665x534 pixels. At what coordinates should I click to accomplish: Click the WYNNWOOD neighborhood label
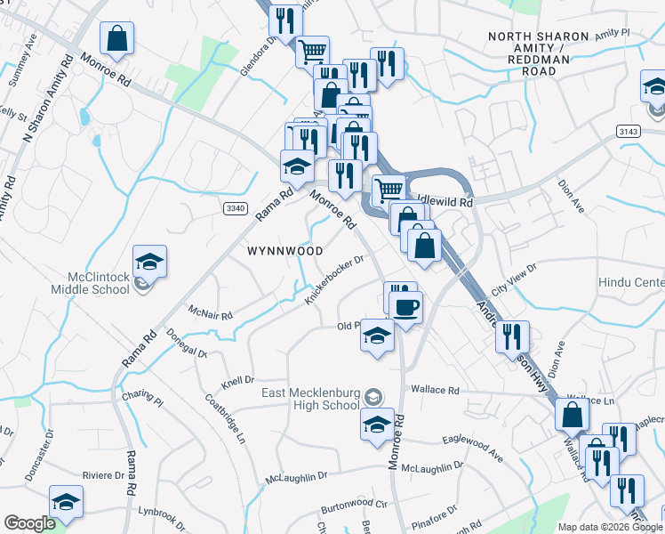284,251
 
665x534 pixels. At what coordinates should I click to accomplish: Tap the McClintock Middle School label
99,282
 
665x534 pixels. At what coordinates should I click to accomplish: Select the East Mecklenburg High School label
310,399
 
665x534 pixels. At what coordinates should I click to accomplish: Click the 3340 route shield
235,207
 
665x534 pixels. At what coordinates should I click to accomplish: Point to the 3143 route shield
628,131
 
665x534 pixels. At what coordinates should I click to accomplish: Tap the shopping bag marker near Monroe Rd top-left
116,38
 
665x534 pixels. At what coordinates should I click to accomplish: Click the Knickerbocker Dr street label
335,280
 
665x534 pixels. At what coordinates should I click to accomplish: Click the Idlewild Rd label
448,203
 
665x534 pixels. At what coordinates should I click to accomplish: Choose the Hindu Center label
637,282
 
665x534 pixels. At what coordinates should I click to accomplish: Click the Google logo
29,523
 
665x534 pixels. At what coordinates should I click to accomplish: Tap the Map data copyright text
610,527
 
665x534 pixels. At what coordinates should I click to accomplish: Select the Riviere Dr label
103,475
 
